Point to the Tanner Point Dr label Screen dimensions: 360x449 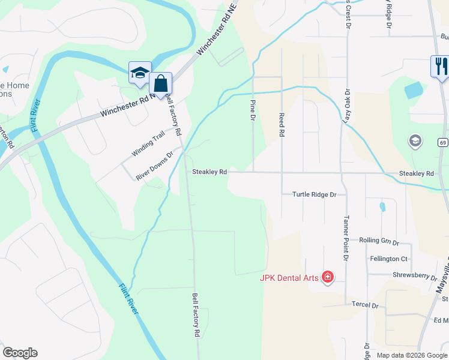coord(346,239)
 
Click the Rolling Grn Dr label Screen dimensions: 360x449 coord(379,241)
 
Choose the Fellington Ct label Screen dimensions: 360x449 coord(388,259)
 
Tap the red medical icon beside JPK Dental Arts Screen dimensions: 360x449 coord(328,277)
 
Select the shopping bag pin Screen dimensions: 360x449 coord(161,83)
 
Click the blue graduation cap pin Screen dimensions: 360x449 coord(140,73)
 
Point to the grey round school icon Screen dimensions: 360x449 coord(414,141)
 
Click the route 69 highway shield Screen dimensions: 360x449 coord(442,142)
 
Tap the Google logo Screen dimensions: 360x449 coord(20,353)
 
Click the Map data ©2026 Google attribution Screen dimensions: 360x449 coord(412,355)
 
